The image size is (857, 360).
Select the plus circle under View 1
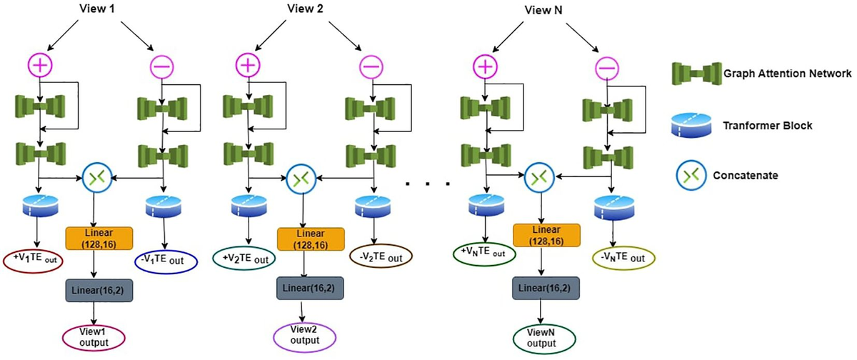40,66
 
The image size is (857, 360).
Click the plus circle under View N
486,66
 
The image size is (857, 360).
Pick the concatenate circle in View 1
94,176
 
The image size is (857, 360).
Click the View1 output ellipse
94,336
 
